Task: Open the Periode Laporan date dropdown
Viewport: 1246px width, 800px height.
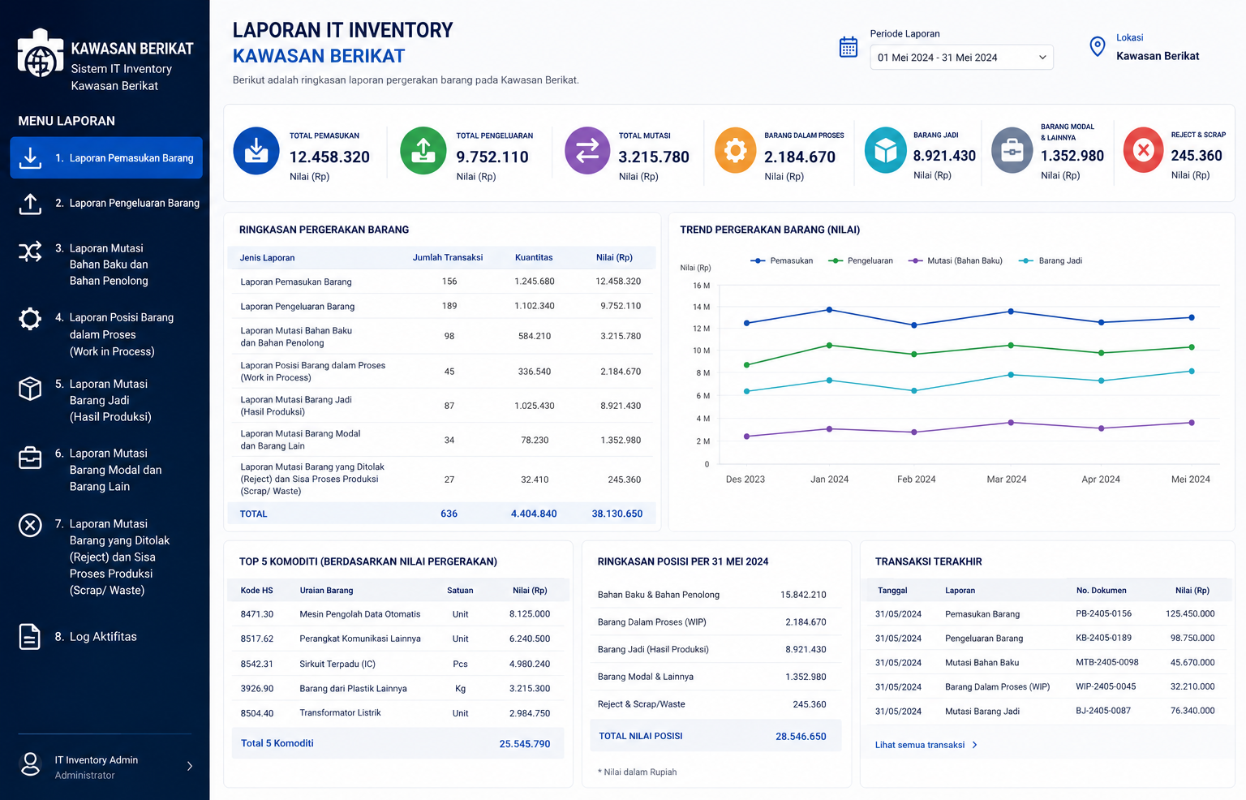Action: [x=961, y=58]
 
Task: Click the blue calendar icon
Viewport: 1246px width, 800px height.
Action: [x=849, y=47]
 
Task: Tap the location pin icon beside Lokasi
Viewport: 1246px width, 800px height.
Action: [x=1097, y=47]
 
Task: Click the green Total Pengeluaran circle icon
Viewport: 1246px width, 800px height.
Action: [x=423, y=150]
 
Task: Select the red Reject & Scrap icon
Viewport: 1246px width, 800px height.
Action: [x=1143, y=149]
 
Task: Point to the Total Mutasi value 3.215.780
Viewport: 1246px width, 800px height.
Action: [x=654, y=157]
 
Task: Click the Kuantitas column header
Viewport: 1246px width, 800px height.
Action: [x=534, y=257]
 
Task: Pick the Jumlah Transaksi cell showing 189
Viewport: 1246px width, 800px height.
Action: [x=449, y=306]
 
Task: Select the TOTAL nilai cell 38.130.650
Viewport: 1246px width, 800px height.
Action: [x=617, y=514]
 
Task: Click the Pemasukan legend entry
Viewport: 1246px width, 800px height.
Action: [x=781, y=260]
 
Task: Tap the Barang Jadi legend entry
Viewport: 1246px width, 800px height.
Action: [x=1051, y=260]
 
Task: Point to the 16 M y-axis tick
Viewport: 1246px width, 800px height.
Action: [x=702, y=286]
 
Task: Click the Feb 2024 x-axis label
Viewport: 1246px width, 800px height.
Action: [x=916, y=479]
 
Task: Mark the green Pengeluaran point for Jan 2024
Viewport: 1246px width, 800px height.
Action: [x=829, y=346]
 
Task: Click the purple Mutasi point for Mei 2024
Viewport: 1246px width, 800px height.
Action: [x=1192, y=423]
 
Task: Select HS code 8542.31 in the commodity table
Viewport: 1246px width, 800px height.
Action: [x=257, y=664]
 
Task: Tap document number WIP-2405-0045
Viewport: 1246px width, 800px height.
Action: [x=1106, y=686]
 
